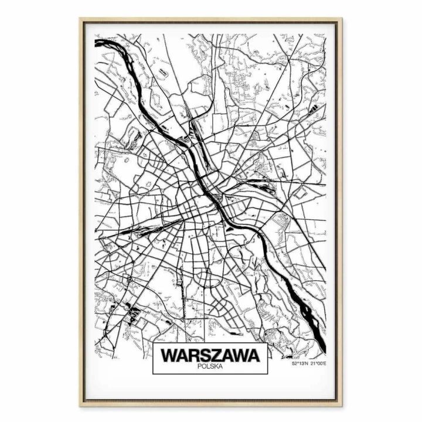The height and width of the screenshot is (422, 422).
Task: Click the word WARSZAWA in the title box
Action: click(210, 355)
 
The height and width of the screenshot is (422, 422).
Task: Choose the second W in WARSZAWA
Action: click(240, 355)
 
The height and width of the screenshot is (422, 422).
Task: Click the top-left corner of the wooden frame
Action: click(81, 19)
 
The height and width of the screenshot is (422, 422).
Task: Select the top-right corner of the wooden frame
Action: click(342, 19)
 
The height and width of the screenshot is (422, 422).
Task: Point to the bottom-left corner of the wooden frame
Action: click(81, 404)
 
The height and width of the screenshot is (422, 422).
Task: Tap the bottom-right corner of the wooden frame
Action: click(342, 404)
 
